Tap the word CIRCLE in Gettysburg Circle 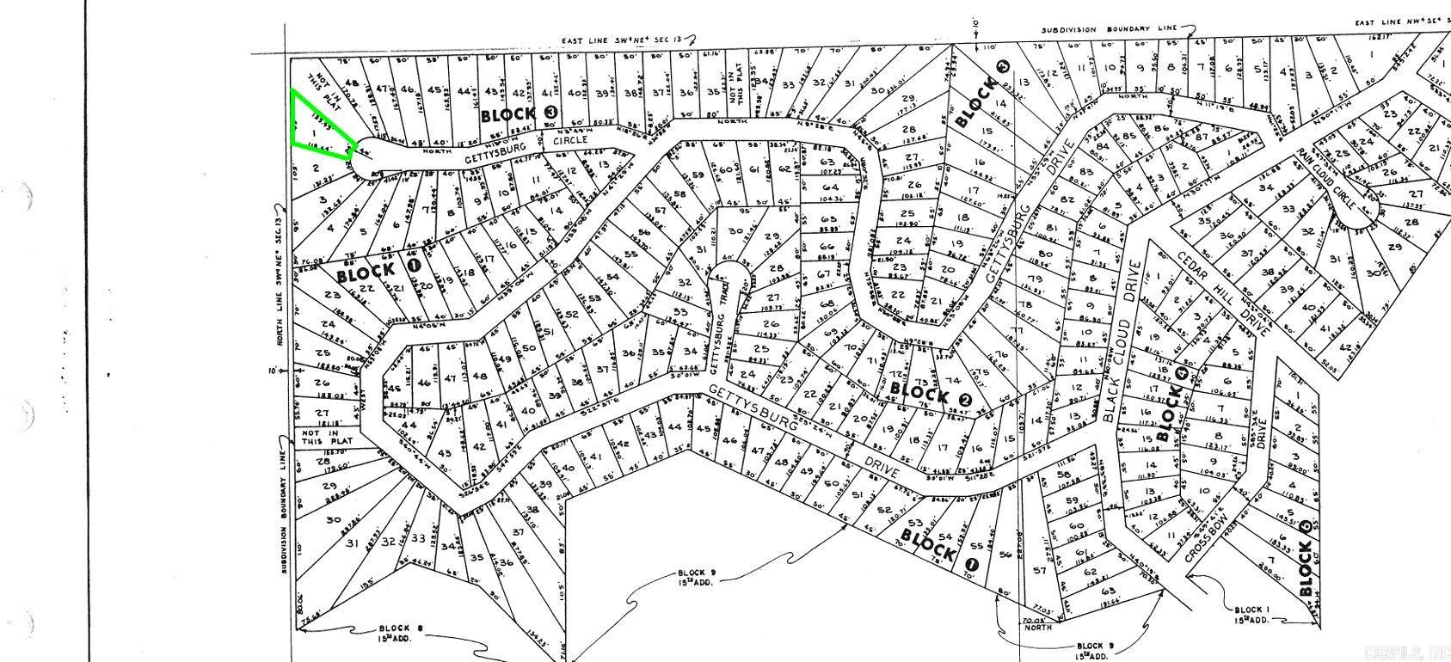pyautogui.click(x=569, y=139)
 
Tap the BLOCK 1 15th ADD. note pyautogui.click(x=1252, y=613)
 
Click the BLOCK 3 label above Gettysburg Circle pyautogui.click(x=519, y=113)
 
